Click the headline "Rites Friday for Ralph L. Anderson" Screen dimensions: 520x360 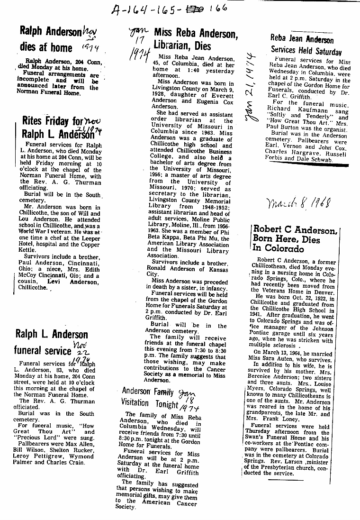click(59, 128)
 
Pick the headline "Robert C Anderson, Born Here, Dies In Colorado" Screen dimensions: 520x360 click(295, 239)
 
